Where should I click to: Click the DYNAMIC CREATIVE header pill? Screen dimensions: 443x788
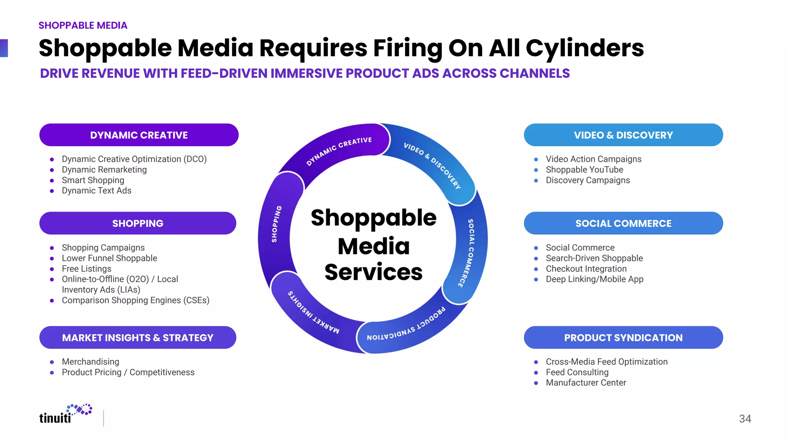click(x=139, y=135)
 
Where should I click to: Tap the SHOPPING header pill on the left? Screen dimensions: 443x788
click(x=138, y=223)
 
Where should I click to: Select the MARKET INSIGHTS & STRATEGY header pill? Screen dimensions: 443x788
click(x=138, y=338)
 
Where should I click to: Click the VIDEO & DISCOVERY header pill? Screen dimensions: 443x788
click(x=623, y=135)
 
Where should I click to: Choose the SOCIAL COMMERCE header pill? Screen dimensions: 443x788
click(x=623, y=223)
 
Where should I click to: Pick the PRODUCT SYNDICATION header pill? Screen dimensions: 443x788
click(x=623, y=338)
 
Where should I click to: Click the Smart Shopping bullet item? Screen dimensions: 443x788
click(x=93, y=180)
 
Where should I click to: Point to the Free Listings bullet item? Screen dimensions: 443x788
click(x=86, y=269)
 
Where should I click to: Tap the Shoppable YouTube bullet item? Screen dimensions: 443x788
click(x=584, y=170)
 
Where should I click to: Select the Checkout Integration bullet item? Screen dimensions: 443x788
click(x=586, y=269)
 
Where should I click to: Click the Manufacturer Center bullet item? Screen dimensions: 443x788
click(x=586, y=383)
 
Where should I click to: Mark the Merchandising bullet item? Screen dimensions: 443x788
click(x=90, y=362)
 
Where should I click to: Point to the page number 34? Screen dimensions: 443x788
click(x=745, y=419)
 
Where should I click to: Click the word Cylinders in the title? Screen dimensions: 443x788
click(x=584, y=48)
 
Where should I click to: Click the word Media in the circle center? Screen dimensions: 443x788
click(x=373, y=246)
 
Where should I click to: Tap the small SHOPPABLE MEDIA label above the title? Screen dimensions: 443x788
click(x=83, y=25)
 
